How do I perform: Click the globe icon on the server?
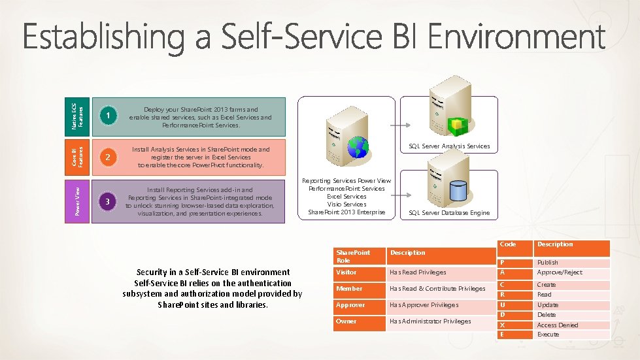(358, 148)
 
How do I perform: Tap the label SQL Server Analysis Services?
(448, 146)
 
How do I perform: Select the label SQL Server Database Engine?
(448, 213)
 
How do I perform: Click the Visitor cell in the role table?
(359, 272)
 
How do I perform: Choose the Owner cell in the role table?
(359, 321)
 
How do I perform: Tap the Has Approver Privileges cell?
(437, 305)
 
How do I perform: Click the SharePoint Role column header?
(359, 256)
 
